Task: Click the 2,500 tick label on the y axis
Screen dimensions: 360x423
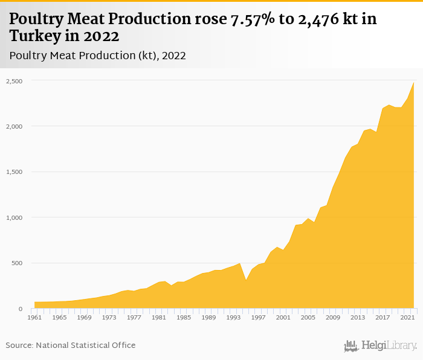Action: tap(15, 81)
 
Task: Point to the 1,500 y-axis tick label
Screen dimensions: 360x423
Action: tap(15, 172)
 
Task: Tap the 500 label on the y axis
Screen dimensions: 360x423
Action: tap(16, 263)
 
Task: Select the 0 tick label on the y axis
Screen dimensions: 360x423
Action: tap(21, 309)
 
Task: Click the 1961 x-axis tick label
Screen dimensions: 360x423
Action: tap(34, 317)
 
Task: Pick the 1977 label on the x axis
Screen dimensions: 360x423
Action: tap(134, 317)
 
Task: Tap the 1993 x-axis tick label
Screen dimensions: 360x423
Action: tap(233, 317)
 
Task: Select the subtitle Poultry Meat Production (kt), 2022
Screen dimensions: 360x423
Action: tap(97, 56)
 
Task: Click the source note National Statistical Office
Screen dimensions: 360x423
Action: tap(71, 345)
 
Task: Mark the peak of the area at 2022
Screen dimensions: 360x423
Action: tap(414, 83)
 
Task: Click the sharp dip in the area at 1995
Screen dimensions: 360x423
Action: tap(246, 280)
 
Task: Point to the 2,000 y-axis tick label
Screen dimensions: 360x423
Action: tap(15, 126)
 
